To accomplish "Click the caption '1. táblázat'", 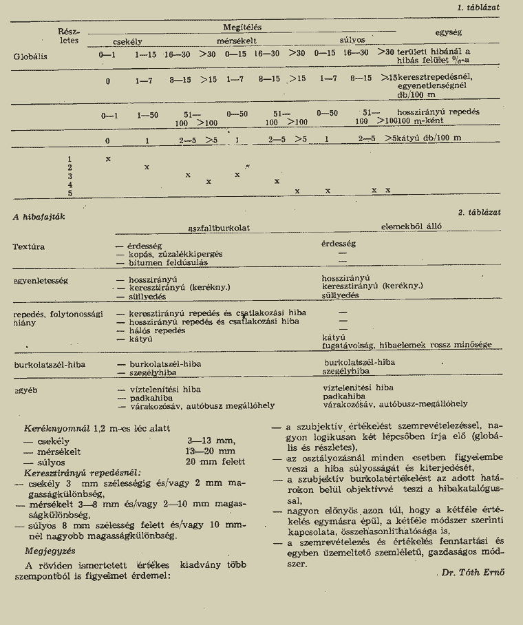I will [480, 7].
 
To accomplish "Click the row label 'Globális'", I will [30, 56].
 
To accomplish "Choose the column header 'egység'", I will [449, 32].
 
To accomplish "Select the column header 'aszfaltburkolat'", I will [219, 228].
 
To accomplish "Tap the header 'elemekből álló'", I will [412, 226].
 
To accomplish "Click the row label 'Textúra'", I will [29, 246].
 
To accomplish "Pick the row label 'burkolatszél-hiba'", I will [44, 363].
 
